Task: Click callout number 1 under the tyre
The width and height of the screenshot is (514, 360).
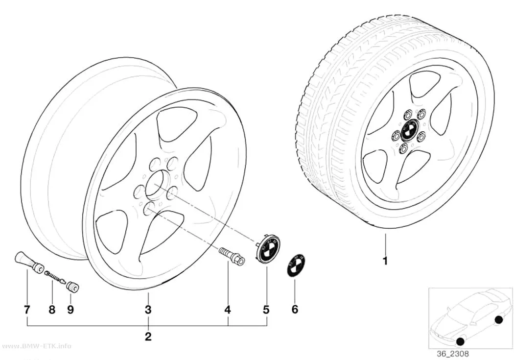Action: (386, 261)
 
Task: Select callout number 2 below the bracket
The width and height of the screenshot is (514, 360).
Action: (148, 336)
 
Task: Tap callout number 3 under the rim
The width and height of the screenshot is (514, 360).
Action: (148, 309)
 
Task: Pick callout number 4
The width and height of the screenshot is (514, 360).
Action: (228, 309)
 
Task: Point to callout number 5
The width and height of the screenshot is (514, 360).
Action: (266, 309)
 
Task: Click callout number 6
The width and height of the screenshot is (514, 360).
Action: (295, 309)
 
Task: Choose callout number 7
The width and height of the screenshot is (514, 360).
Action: (27, 309)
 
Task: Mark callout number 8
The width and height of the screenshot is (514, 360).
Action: (52, 309)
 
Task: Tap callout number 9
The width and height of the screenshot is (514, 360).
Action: (70, 309)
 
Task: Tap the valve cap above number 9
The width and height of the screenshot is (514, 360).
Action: (72, 286)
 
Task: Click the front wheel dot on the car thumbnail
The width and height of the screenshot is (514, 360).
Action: (460, 342)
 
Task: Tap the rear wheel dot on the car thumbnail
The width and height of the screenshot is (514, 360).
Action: (498, 320)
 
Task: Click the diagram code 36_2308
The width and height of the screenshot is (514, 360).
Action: (453, 354)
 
